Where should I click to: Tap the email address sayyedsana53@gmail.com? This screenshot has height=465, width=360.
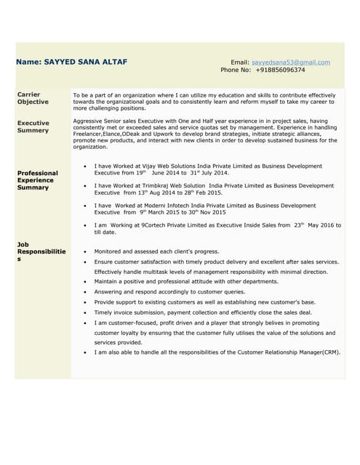tap(290, 62)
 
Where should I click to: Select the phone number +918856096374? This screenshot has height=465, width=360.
tap(280, 70)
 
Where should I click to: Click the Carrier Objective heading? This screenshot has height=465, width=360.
tap(33, 98)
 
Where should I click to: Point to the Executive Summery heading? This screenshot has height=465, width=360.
tap(33, 127)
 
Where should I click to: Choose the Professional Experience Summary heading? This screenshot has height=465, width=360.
tap(38, 180)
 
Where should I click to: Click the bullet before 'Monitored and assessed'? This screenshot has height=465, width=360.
tap(87, 251)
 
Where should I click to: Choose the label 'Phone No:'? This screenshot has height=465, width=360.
tap(236, 70)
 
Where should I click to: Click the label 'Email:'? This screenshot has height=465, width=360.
tap(240, 62)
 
